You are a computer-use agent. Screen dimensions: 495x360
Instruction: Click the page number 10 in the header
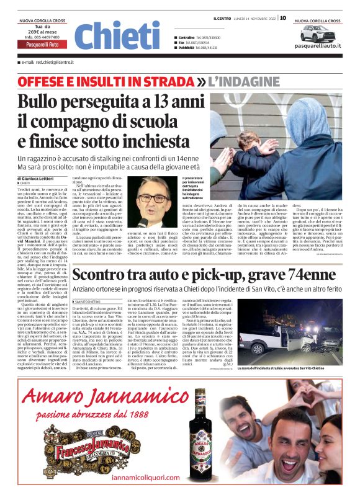282,17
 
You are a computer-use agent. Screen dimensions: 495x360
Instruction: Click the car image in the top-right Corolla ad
317,32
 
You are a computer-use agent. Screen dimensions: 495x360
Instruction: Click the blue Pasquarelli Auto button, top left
42,45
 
